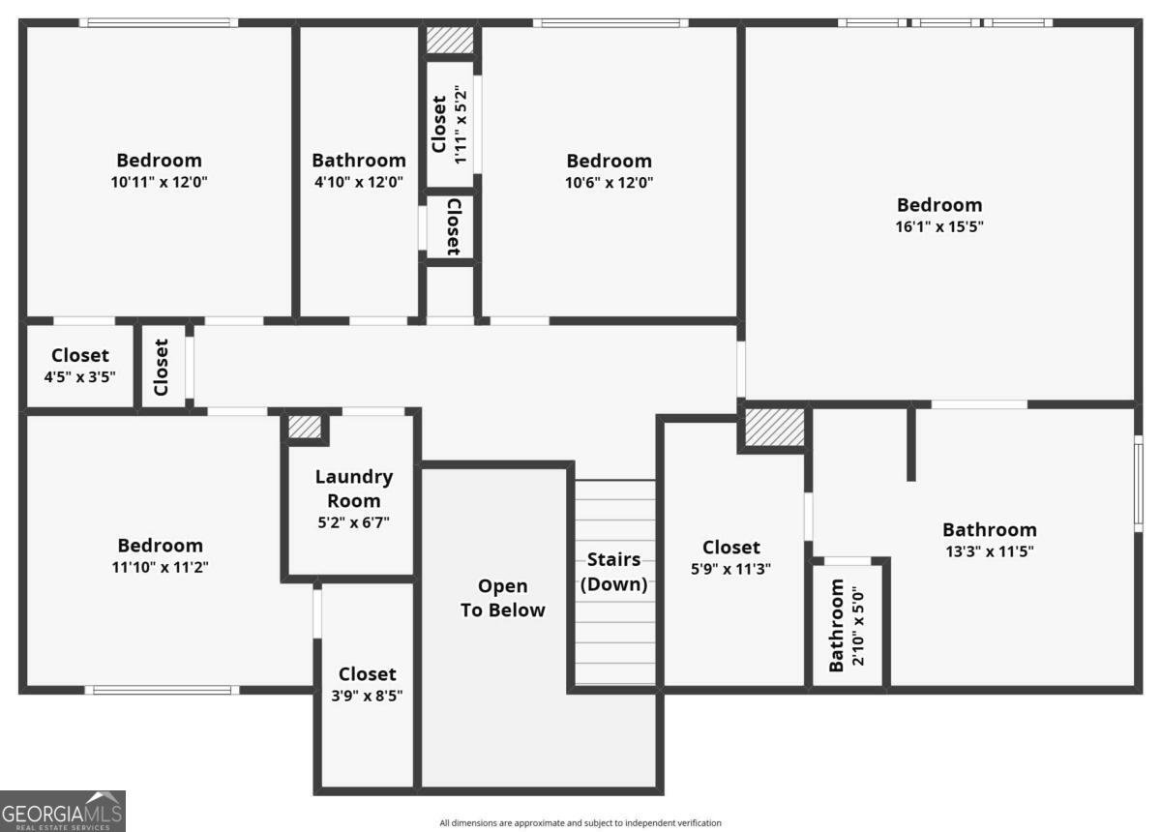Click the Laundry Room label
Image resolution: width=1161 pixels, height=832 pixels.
pyautogui.click(x=354, y=489)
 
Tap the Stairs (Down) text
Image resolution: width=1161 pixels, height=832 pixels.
pyautogui.click(x=614, y=572)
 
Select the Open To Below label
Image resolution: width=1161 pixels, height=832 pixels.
pyautogui.click(x=503, y=598)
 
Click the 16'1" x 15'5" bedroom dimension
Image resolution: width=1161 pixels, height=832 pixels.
pyautogui.click(x=939, y=226)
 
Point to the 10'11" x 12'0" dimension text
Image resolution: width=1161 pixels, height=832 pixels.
pyautogui.click(x=159, y=182)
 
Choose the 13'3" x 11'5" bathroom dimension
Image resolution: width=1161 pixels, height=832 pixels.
pyautogui.click(x=990, y=551)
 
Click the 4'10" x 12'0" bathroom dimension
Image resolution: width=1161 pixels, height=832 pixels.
pyautogui.click(x=359, y=182)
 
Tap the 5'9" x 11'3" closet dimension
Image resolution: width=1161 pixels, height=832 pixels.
pyautogui.click(x=730, y=569)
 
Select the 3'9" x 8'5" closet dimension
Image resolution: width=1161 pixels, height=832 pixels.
pyautogui.click(x=367, y=696)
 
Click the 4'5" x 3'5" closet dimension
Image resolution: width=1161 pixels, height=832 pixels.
pyautogui.click(x=79, y=377)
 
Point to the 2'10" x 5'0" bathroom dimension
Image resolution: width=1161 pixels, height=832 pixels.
pyautogui.click(x=858, y=626)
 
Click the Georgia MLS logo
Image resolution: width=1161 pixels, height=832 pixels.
pyautogui.click(x=63, y=811)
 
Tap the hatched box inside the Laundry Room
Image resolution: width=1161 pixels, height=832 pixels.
pyautogui.click(x=305, y=428)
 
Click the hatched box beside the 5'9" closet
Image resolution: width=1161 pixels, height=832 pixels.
pyautogui.click(x=775, y=428)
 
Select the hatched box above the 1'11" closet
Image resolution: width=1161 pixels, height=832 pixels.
pyautogui.click(x=450, y=40)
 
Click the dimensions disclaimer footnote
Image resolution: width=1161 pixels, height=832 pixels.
pyautogui.click(x=580, y=822)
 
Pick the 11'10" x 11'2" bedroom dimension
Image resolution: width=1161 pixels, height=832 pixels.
pyautogui.click(x=161, y=567)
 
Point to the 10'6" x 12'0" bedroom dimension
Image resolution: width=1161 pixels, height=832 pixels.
pyautogui.click(x=609, y=183)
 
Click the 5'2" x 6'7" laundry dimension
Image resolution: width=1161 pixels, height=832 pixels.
pyautogui.click(x=353, y=522)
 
